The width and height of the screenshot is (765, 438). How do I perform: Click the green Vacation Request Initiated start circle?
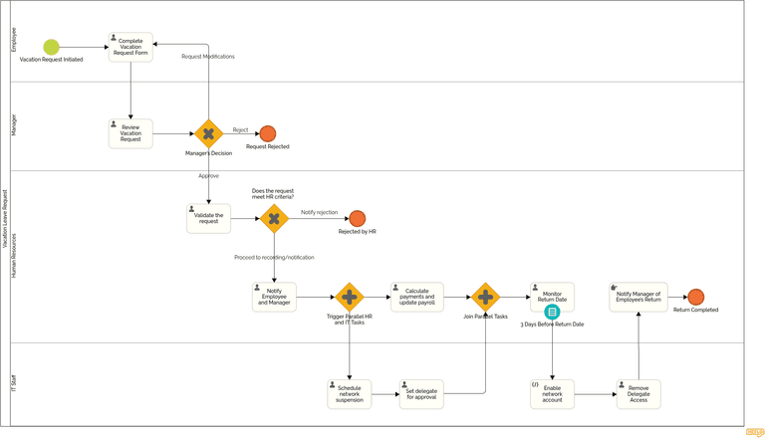tap(52, 47)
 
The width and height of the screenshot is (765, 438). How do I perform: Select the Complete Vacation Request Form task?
tap(130, 47)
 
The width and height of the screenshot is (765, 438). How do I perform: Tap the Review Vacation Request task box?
tap(130, 133)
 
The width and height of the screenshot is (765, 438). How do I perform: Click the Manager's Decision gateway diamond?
tap(208, 133)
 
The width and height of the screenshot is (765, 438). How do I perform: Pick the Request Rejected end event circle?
tap(267, 133)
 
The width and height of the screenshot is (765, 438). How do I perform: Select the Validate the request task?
tap(208, 218)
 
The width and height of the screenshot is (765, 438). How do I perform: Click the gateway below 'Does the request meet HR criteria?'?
tap(274, 218)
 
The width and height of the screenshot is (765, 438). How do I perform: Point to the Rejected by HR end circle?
tap(357, 218)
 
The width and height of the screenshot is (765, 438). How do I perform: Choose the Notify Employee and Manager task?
tap(274, 297)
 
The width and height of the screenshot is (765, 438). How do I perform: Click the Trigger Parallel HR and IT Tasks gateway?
tap(349, 297)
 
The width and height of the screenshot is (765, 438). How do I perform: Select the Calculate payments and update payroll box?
tap(416, 297)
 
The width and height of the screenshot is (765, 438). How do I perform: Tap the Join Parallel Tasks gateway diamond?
tap(485, 297)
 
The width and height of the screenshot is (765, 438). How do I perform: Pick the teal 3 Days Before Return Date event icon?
tap(552, 313)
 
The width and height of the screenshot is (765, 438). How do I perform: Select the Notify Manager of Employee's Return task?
tap(637, 297)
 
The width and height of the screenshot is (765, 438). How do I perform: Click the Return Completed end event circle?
tap(695, 297)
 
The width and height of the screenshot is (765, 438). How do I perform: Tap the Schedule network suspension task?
tap(349, 393)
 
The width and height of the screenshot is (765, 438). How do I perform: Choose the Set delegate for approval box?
tap(420, 393)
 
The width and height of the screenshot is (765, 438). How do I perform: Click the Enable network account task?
tap(552, 393)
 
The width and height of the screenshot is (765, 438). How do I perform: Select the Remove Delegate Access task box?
tap(637, 393)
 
